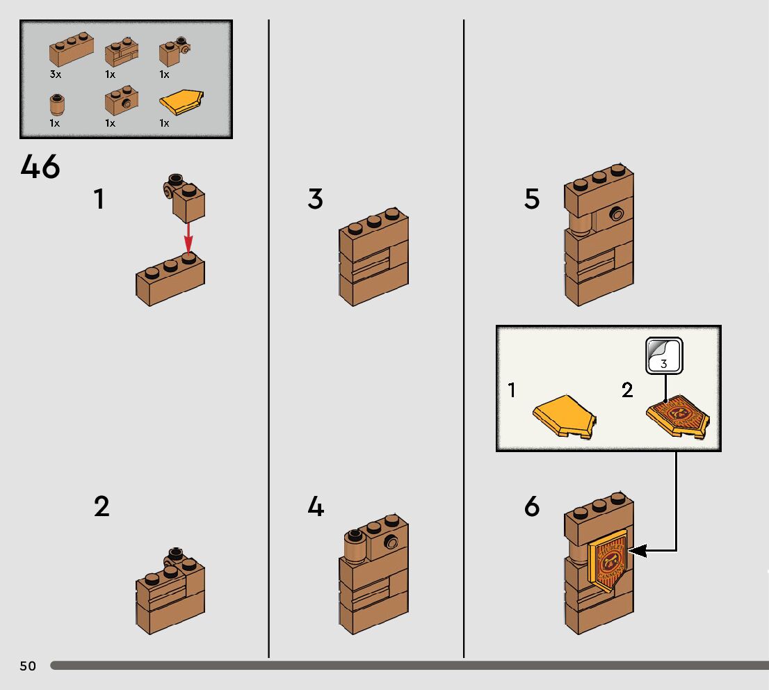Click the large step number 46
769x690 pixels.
(40, 168)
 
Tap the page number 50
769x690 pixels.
(28, 666)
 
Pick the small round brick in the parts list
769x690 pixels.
(56, 104)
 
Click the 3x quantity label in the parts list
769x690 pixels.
(56, 74)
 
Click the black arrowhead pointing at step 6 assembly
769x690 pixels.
(638, 551)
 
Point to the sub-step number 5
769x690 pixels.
(532, 200)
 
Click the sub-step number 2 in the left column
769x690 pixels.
(102, 507)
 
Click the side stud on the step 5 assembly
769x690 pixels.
(616, 214)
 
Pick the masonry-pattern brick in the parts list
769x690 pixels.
(121, 52)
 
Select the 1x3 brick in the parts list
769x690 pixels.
(71, 49)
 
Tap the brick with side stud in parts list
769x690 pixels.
(121, 102)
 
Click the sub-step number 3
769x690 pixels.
(316, 200)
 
